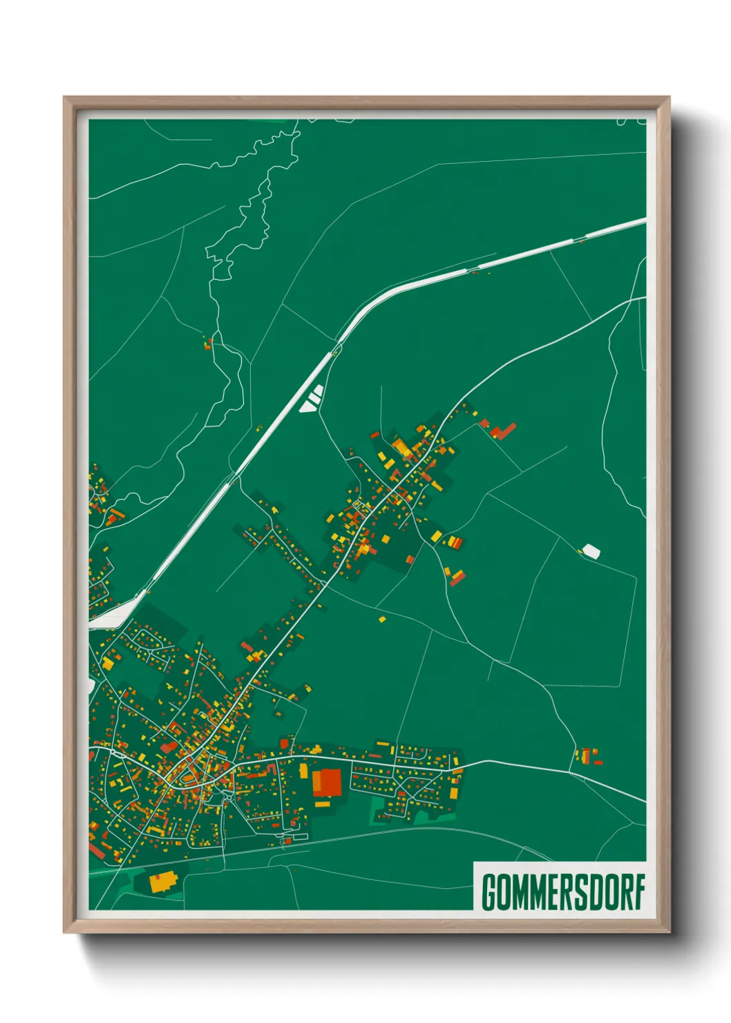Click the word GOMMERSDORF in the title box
[562, 892]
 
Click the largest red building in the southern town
[327, 783]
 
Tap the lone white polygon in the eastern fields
[591, 551]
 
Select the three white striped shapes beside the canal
[312, 399]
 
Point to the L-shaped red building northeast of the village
[503, 431]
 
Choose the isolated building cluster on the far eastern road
[588, 755]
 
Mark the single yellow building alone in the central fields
[381, 619]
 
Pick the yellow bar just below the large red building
[322, 803]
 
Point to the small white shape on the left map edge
[91, 685]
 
